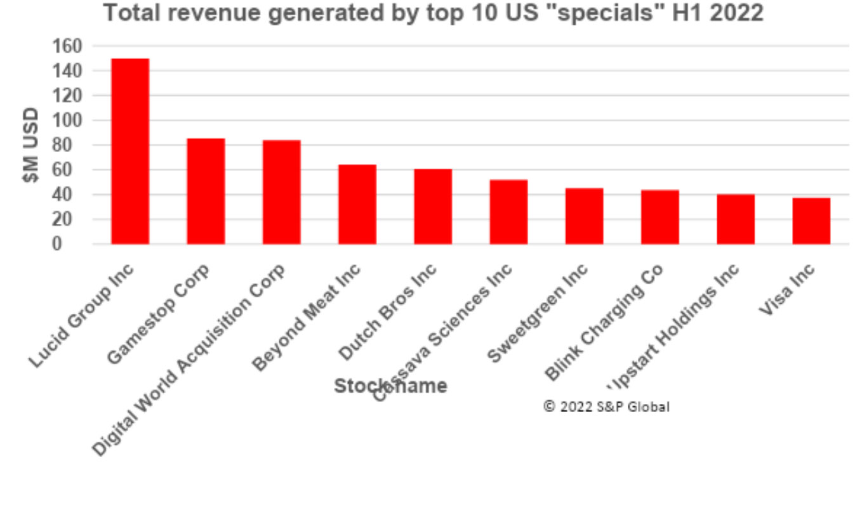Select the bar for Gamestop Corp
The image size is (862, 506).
[206, 191]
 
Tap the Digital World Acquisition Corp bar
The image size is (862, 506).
[281, 192]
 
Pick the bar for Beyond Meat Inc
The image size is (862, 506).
[357, 204]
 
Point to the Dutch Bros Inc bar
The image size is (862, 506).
[433, 206]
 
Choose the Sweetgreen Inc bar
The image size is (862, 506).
[584, 216]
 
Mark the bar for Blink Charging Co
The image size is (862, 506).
[660, 217]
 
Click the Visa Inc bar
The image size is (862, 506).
[811, 221]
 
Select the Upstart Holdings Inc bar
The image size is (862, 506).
[736, 219]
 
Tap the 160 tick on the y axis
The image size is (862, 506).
[67, 46]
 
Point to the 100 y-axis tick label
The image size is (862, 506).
[67, 120]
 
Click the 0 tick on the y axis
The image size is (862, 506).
[76, 244]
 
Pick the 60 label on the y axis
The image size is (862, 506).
[71, 170]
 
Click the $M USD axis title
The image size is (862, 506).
[30, 145]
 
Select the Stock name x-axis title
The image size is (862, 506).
[390, 386]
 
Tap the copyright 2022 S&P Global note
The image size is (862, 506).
[606, 406]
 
